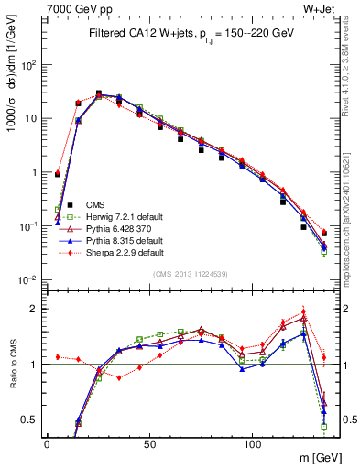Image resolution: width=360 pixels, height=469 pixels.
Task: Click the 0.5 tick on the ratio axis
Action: (x=27, y=420)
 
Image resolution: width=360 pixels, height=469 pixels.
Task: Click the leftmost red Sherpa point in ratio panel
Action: (x=58, y=357)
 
